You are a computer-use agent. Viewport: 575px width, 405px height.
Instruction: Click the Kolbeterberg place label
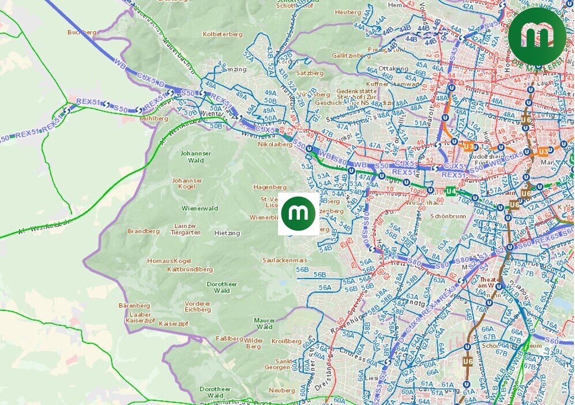point(223,34)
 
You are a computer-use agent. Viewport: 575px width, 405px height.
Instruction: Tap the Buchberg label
point(81,32)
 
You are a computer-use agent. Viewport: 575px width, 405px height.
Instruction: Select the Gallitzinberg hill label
point(351,55)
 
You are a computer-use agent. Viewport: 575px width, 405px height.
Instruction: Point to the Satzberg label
point(310,74)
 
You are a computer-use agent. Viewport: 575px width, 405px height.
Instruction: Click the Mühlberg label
point(154,118)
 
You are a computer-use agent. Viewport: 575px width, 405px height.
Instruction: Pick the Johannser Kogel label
point(187,183)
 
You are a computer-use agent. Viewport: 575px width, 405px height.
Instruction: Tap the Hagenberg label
point(270,187)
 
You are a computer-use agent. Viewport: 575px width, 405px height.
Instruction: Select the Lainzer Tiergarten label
point(186,229)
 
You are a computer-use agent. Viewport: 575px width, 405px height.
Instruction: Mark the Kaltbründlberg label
point(190,269)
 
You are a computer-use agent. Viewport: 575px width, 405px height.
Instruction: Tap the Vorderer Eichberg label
point(197,306)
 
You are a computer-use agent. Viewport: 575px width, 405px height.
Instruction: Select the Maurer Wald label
point(265,323)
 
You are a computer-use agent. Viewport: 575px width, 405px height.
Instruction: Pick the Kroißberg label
point(283,342)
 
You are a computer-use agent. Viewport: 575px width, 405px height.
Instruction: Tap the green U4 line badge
point(452,191)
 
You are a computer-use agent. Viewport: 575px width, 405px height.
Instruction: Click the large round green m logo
point(537,37)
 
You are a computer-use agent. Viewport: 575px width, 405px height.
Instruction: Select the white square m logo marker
point(299,214)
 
